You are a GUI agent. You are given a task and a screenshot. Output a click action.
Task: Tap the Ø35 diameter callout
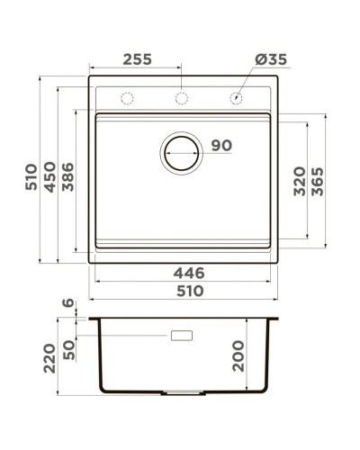click(270, 60)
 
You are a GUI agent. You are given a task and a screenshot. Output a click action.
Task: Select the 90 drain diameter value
click(220, 145)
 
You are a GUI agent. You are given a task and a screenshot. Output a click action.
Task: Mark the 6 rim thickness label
click(66, 305)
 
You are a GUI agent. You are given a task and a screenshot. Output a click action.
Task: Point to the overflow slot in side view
click(182, 336)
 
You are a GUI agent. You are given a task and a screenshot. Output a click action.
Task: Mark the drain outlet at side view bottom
click(182, 393)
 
